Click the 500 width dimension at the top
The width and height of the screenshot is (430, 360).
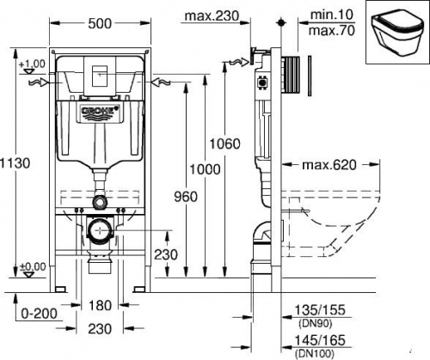[100, 23]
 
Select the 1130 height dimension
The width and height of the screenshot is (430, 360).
[15, 163]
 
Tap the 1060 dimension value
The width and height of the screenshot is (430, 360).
[224, 143]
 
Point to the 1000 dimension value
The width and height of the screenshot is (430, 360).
[205, 169]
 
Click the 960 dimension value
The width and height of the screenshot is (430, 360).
[186, 197]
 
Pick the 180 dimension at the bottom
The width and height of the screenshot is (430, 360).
[100, 305]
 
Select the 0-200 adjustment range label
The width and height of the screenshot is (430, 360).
[40, 314]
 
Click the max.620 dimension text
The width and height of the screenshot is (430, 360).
[329, 165]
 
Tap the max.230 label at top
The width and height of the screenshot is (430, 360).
[212, 16]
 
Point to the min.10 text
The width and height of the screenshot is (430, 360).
[332, 15]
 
